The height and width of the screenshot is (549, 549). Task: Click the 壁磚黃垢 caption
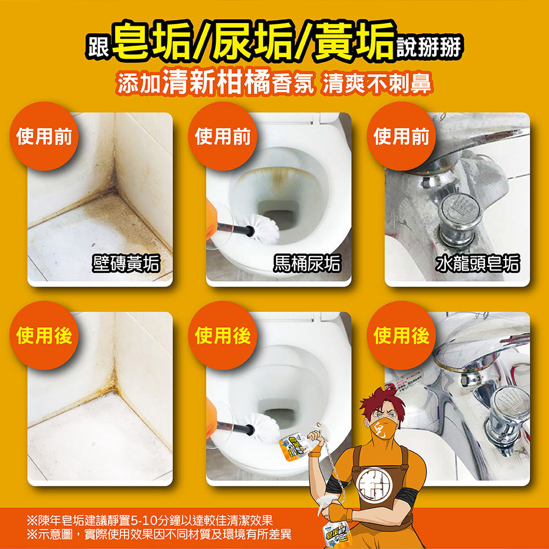pyautogui.click(x=126, y=265)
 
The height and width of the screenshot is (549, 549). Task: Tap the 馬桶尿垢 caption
pyautogui.click(x=306, y=265)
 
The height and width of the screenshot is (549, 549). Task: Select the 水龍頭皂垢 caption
pyautogui.click(x=477, y=265)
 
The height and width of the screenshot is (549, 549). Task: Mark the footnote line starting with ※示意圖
pyautogui.click(x=159, y=534)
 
